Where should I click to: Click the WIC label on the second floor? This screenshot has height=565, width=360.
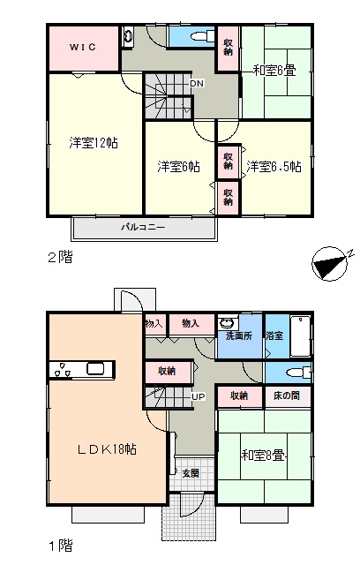tap(83, 47)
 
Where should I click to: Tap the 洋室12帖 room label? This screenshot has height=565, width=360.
tap(94, 143)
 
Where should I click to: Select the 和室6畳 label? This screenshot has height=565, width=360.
tap(274, 71)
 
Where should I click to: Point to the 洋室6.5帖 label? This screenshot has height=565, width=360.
tap(274, 167)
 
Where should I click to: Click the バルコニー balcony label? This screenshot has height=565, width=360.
tap(143, 228)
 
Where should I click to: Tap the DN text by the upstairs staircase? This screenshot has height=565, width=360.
tap(197, 84)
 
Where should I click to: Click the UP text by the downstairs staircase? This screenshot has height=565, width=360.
tap(198, 396)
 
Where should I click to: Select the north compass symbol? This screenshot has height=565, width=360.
tap(331, 263)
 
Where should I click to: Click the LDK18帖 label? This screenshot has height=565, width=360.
tap(107, 449)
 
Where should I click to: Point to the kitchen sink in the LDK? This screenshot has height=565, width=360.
tap(96, 369)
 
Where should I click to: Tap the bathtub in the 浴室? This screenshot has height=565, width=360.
tap(300, 336)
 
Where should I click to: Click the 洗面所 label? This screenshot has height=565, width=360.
tap(239, 335)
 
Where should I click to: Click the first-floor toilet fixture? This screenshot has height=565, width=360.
tap(298, 373)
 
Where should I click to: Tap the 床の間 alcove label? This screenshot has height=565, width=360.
tap(286, 395)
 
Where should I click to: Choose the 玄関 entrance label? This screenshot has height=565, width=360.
tap(190, 473)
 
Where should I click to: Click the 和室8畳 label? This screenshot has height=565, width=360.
tap(263, 456)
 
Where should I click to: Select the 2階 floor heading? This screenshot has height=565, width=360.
tap(61, 257)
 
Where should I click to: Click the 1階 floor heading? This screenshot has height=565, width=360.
tap(61, 546)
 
